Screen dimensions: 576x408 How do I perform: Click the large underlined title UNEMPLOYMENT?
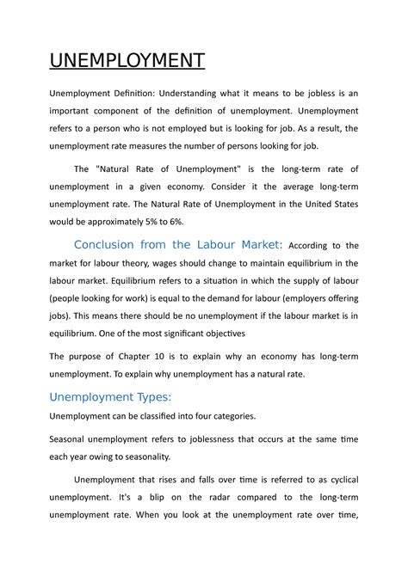pos(127,61)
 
